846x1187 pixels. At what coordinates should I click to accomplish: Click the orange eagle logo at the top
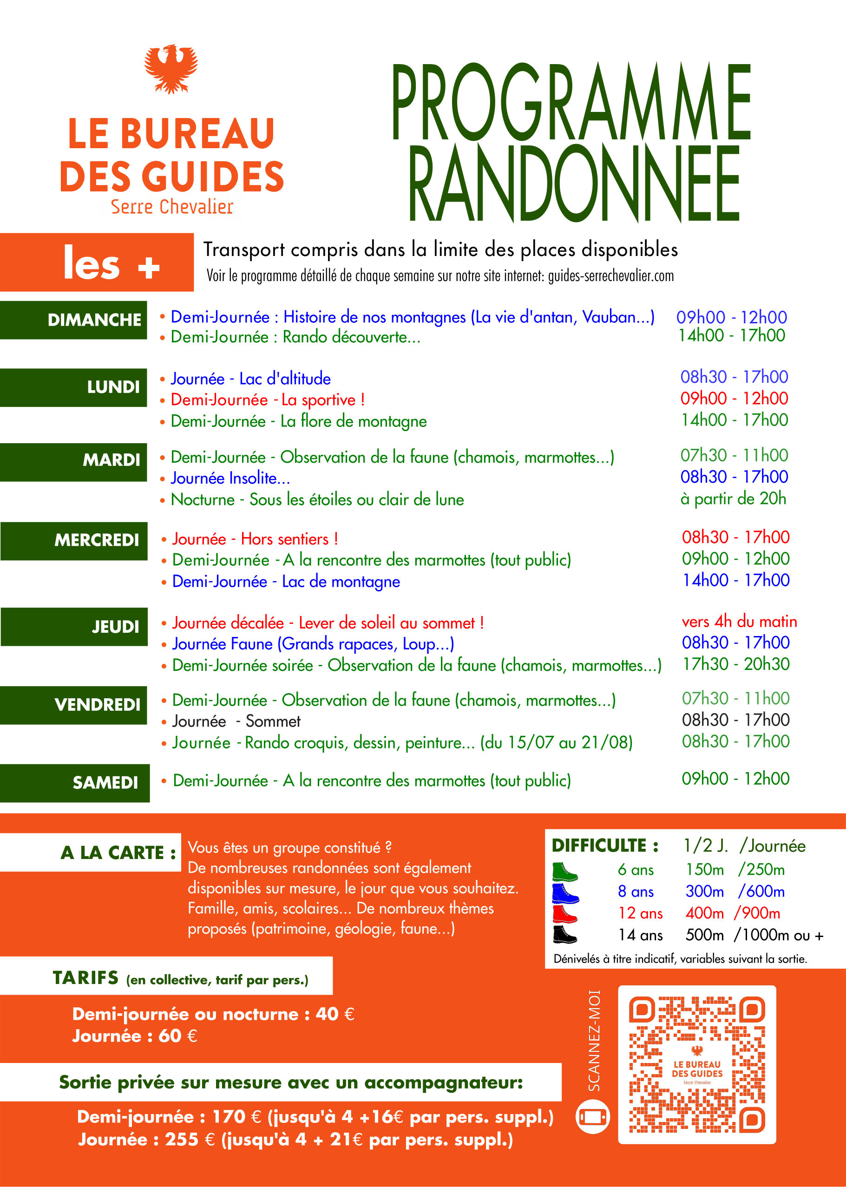[171, 68]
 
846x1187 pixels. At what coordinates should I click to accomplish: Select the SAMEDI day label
[105, 782]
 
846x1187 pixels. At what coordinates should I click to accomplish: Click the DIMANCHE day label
[94, 320]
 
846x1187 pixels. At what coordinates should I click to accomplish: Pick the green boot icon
[564, 871]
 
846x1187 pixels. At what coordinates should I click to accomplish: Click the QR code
[696, 1064]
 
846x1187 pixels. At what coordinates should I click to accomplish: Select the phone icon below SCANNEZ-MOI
[592, 1117]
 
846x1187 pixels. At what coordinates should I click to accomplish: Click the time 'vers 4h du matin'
[739, 621]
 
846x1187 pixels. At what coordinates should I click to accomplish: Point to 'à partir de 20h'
[733, 499]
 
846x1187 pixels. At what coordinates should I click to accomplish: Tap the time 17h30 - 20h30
[736, 664]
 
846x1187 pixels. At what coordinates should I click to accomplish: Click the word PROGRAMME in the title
[571, 102]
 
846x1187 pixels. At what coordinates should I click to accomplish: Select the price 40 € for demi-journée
[335, 1014]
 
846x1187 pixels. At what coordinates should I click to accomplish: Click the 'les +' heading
[111, 263]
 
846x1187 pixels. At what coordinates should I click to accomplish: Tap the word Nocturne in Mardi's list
[203, 500]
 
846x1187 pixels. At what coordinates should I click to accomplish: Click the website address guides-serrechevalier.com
[610, 276]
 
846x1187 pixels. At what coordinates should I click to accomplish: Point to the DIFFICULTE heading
[605, 846]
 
